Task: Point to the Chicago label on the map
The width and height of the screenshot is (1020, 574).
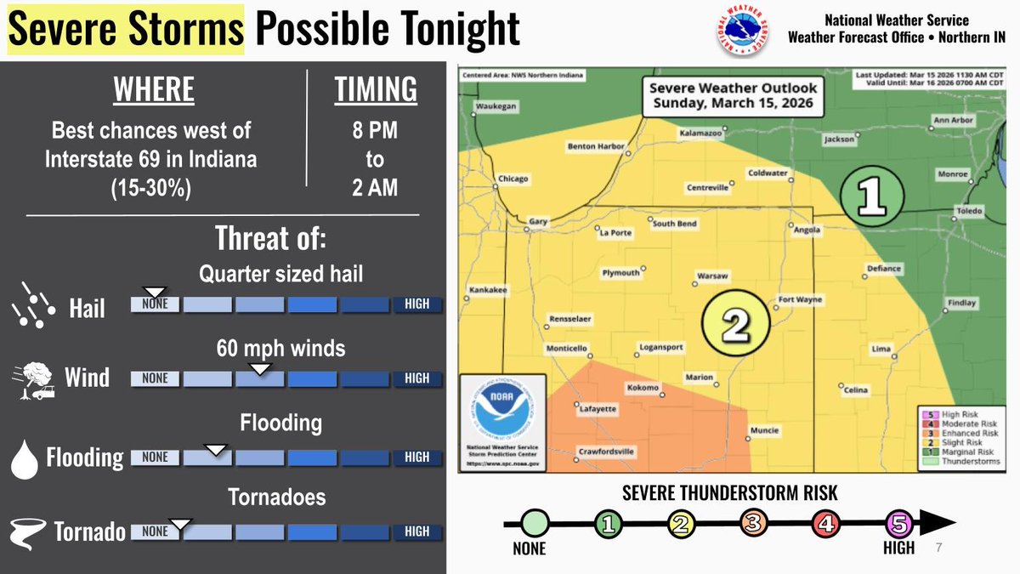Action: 513,179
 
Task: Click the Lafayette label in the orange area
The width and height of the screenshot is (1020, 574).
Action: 598,409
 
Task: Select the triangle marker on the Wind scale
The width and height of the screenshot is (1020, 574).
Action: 260,368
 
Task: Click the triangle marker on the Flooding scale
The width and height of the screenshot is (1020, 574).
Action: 218,448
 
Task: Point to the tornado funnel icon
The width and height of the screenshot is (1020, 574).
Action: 28,531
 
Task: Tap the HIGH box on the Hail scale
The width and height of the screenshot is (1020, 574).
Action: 417,304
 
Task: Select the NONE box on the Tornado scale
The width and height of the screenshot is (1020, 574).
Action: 155,531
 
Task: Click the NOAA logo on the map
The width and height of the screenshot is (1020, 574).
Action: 501,416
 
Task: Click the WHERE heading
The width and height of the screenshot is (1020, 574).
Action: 154,89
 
